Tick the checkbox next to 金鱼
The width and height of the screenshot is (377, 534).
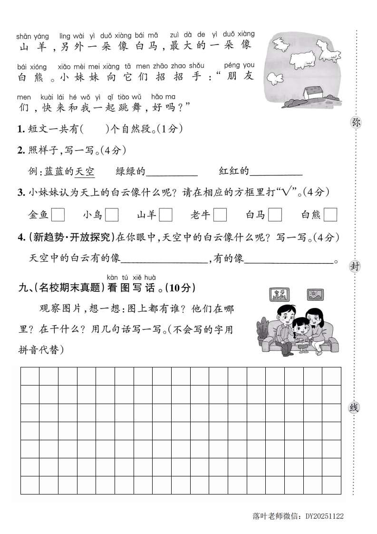(x=58, y=215)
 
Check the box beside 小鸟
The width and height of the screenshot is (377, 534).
(x=112, y=215)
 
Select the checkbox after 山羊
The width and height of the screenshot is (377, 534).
(x=166, y=215)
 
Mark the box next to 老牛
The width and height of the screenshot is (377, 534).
(x=220, y=215)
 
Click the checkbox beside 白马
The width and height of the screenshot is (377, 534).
(x=275, y=215)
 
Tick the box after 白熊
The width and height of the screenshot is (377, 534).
(x=330, y=215)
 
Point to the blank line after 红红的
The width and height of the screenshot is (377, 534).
(x=276, y=172)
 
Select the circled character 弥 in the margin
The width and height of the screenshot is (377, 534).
(x=355, y=122)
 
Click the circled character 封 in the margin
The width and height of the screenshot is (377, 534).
(x=355, y=266)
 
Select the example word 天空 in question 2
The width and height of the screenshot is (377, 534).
(x=85, y=171)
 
